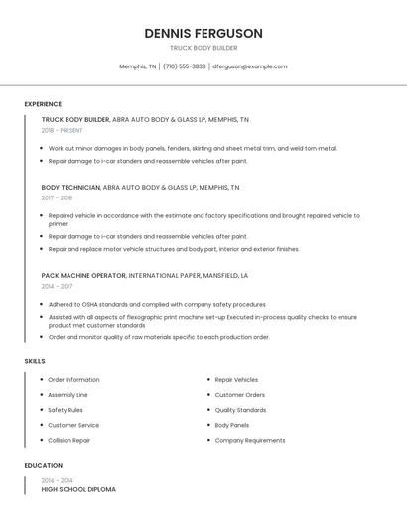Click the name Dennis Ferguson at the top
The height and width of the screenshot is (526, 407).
(203, 33)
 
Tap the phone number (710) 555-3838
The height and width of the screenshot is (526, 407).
(185, 66)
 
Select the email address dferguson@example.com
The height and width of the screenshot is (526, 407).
(250, 66)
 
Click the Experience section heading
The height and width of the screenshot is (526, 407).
(43, 104)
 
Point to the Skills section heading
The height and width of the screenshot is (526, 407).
(35, 361)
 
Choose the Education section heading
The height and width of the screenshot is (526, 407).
(44, 465)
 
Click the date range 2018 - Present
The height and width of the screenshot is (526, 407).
(63, 130)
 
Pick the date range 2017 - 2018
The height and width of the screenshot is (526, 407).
(57, 197)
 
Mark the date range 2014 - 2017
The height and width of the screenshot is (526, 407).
(57, 286)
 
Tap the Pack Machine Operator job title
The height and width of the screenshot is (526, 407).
(83, 275)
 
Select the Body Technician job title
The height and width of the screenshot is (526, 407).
(70, 187)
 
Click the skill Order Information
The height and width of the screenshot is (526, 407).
(73, 380)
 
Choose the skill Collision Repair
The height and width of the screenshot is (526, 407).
(69, 440)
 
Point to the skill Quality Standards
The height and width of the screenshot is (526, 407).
(240, 410)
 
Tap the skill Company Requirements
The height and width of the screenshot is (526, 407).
(250, 440)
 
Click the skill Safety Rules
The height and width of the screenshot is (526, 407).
(66, 410)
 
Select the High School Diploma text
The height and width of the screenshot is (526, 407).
(78, 489)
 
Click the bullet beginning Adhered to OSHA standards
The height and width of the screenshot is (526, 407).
(157, 305)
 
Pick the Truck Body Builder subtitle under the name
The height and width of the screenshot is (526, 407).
(203, 47)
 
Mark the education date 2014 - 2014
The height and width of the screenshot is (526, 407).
(57, 480)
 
